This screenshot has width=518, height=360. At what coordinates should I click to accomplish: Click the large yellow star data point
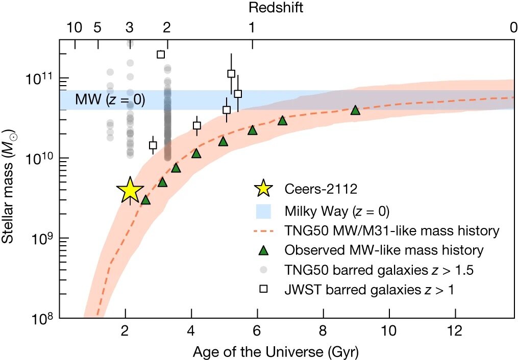tap(130, 191)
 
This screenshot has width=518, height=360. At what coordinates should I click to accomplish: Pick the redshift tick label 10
tap(75, 29)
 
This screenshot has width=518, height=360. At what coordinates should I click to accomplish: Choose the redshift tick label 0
tap(513, 29)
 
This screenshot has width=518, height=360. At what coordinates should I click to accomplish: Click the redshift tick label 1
tap(251, 29)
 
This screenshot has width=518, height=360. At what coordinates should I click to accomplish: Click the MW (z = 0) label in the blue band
tap(110, 100)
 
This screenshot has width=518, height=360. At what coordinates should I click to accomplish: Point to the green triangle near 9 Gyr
tap(355, 110)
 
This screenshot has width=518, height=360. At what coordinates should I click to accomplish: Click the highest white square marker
tap(161, 55)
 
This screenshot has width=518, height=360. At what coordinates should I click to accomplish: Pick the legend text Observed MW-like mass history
tap(384, 250)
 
